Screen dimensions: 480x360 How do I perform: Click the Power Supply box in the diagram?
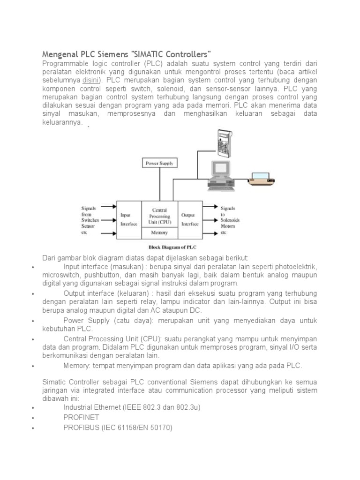(x=159, y=163)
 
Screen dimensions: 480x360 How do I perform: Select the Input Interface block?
(x=128, y=220)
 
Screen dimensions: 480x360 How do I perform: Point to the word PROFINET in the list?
(x=81, y=417)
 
